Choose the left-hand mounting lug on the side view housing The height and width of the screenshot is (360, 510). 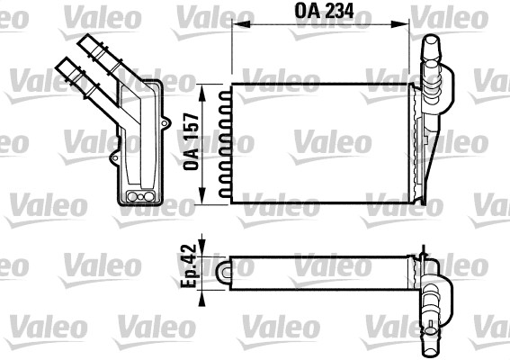pyautogui.click(x=114, y=160)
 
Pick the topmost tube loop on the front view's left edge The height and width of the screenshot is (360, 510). pyautogui.click(x=226, y=92)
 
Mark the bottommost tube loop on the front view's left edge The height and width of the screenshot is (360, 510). pyautogui.click(x=226, y=192)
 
